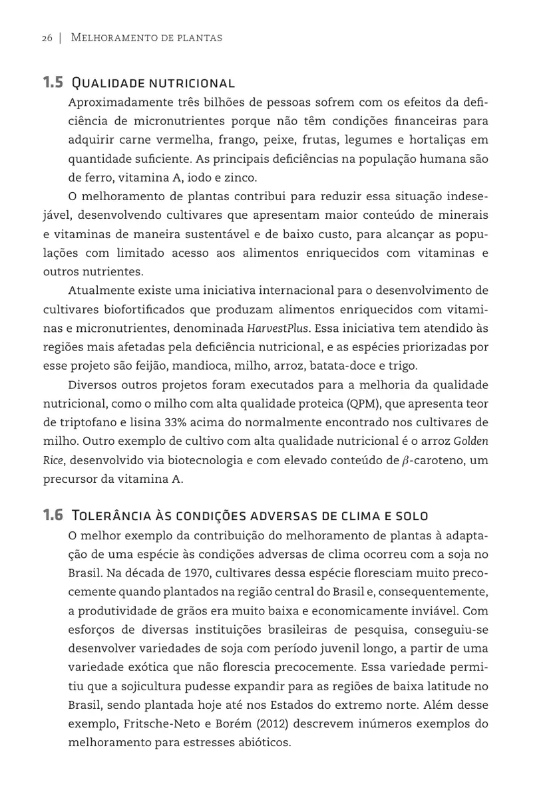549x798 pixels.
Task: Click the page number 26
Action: (47, 38)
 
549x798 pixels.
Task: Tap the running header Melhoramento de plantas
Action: (146, 38)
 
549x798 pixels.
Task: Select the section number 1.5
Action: (53, 83)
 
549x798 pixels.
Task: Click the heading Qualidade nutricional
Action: (152, 84)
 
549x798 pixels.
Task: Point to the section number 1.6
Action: (53, 515)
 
